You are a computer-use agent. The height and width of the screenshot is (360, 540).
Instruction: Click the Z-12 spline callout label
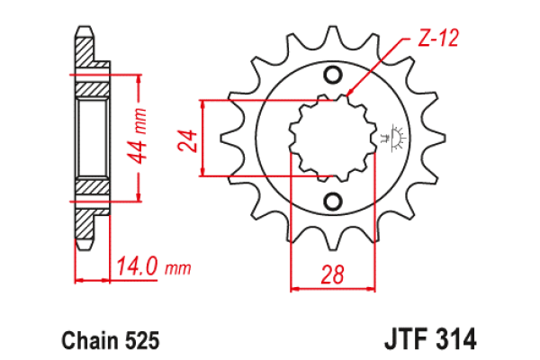(438, 38)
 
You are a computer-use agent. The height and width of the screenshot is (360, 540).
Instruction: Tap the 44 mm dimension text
(137, 136)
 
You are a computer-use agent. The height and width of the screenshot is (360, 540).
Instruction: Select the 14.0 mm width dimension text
(153, 266)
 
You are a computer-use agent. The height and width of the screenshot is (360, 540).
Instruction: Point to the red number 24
(187, 140)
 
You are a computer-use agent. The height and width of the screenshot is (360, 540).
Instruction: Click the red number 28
(332, 274)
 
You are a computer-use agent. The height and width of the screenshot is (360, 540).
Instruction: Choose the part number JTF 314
(430, 338)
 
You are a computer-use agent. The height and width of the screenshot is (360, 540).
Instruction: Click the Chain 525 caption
(110, 340)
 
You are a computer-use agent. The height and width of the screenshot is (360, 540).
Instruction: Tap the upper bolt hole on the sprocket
(333, 75)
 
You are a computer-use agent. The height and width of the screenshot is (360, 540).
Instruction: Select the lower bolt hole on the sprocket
(333, 201)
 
